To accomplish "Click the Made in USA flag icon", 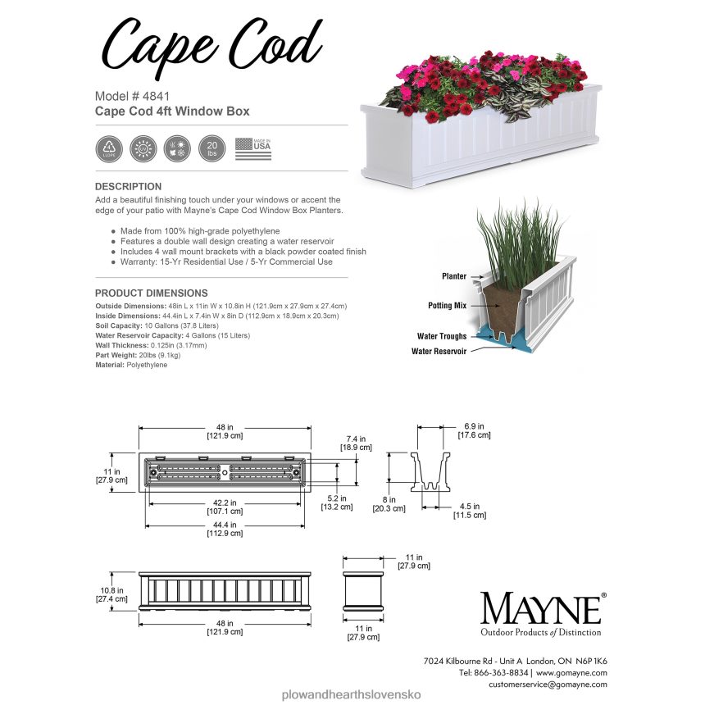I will point(252,148).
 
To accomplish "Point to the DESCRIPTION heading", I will point(128,187).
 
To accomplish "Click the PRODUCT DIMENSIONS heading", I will point(151,293).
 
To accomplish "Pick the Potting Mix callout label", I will point(447,305).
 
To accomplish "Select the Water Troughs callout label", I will point(442,336).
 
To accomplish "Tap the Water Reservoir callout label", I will point(439,351).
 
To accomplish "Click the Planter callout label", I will point(453,277).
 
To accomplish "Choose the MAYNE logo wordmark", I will point(540,609).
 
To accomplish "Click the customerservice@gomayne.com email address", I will point(548,684).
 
